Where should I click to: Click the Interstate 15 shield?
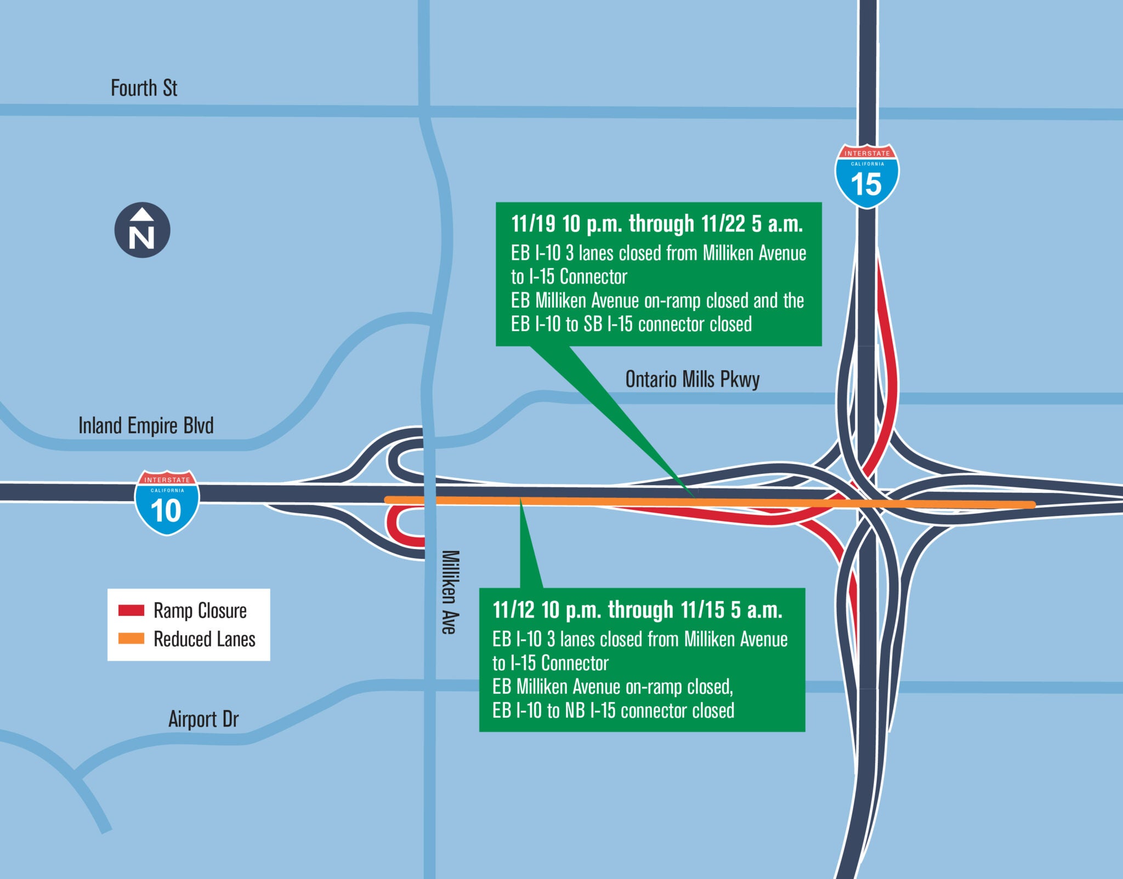[867, 176]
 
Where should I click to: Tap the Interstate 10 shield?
[167, 502]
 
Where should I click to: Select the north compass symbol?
[142, 230]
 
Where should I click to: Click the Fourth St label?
[144, 88]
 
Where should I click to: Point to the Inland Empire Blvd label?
[146, 426]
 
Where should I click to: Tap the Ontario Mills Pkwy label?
[692, 379]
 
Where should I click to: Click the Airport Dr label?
[203, 719]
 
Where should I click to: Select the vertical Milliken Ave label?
[449, 592]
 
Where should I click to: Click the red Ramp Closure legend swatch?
[132, 610]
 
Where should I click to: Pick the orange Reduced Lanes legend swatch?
[132, 639]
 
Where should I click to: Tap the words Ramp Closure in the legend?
[200, 610]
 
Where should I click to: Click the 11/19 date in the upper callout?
[533, 224]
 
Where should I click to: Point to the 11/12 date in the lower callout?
[514, 610]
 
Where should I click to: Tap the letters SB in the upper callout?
[593, 325]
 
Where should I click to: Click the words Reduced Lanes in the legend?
[205, 639]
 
